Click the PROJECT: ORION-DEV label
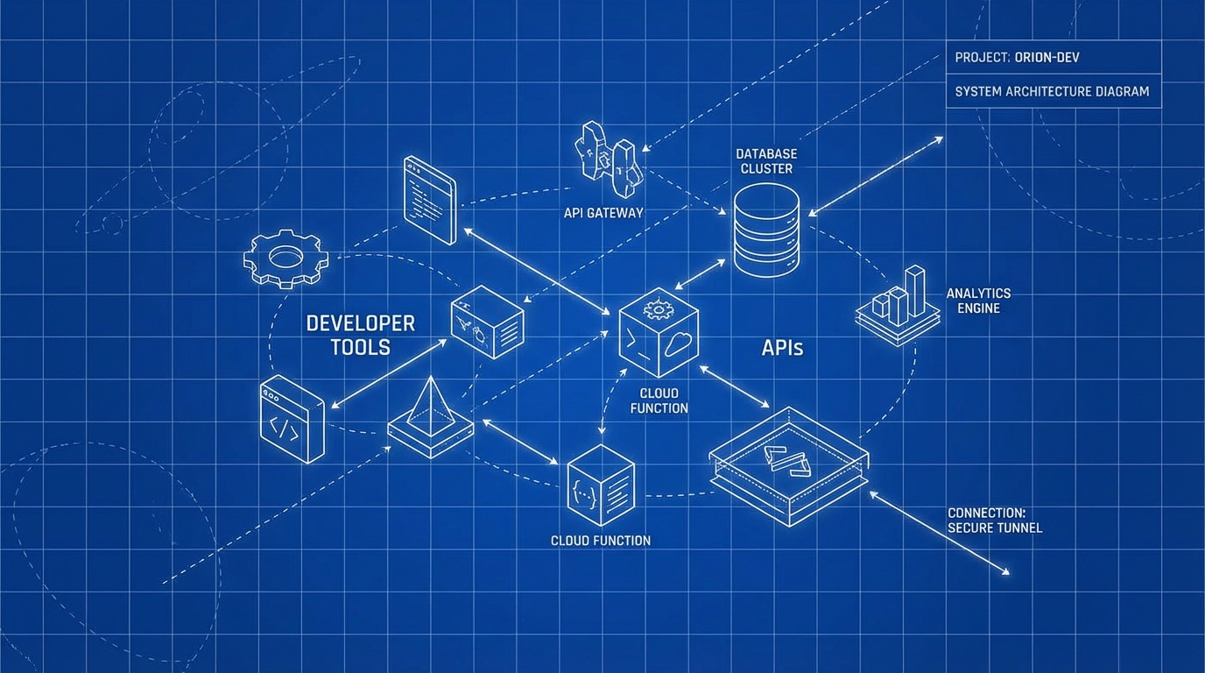point(1016,58)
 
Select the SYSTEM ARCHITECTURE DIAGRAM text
point(1052,91)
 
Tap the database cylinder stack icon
point(766,230)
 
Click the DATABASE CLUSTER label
point(766,161)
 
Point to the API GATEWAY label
point(603,213)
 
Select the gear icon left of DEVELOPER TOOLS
point(285,258)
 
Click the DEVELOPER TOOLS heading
point(360,335)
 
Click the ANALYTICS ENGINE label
point(978,301)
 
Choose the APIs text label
point(782,348)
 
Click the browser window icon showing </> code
point(292,420)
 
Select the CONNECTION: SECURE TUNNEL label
point(995,520)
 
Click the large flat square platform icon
point(788,464)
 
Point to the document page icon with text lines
point(430,200)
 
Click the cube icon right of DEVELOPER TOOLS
point(487,321)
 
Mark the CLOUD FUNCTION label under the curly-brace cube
point(601,541)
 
